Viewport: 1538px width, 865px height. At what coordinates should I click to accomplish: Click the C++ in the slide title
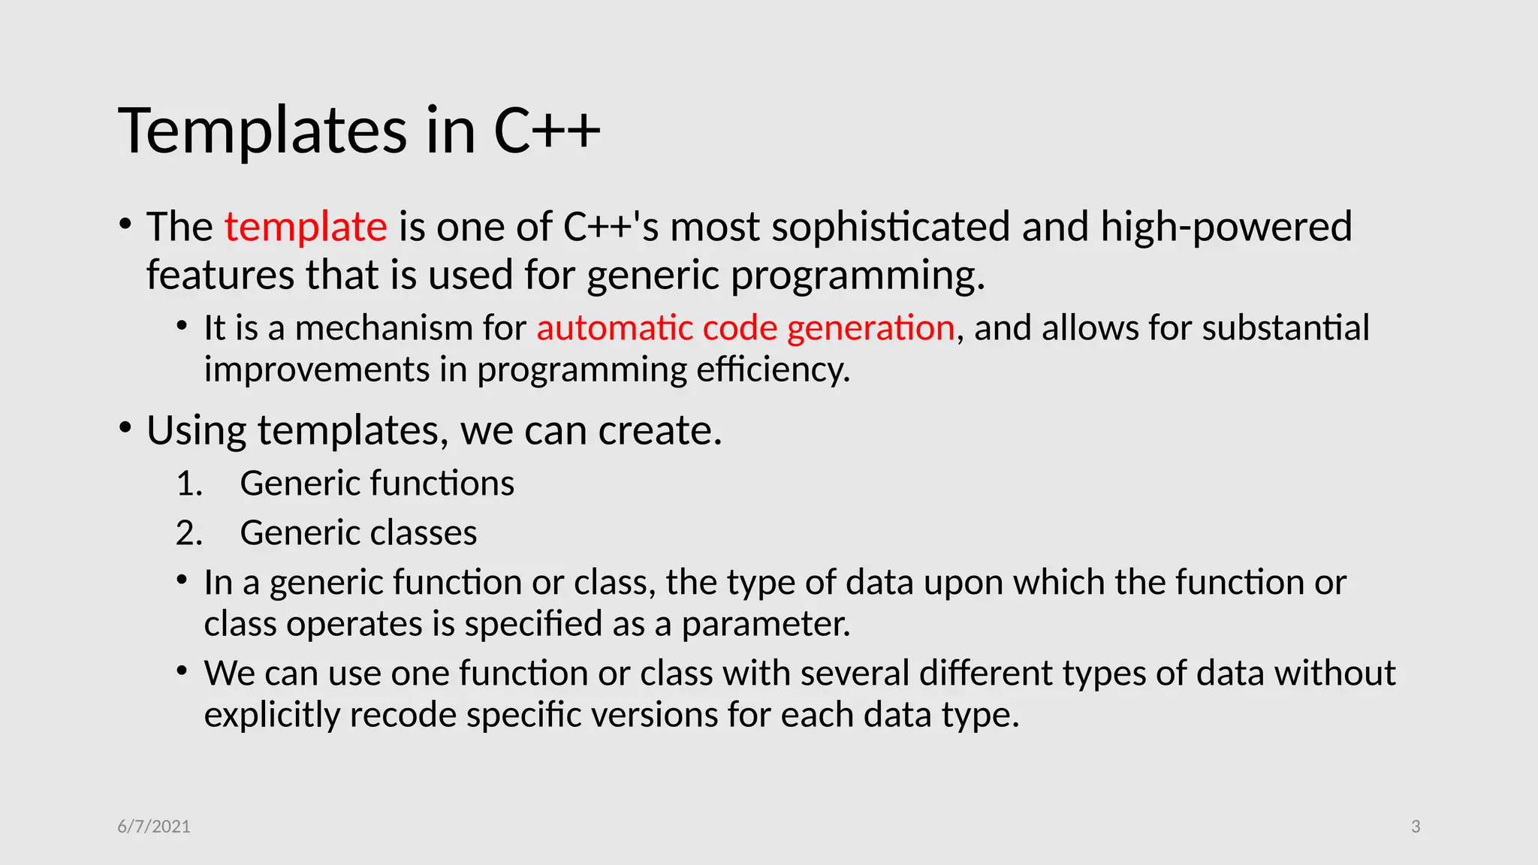coord(547,131)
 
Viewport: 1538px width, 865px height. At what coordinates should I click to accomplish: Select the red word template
coord(306,227)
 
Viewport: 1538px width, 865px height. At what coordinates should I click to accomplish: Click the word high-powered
coord(1226,227)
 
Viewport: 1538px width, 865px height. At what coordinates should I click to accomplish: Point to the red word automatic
coord(614,328)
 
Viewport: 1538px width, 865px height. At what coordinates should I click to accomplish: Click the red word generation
coord(870,328)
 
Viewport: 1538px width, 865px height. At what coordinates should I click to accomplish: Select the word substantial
coord(1286,328)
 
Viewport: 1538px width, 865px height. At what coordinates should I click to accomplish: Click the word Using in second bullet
coord(196,431)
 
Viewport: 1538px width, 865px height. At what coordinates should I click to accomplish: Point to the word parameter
coord(766,624)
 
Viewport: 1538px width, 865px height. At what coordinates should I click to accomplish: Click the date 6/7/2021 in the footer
coord(154,827)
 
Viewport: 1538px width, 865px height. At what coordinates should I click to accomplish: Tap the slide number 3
coord(1416,827)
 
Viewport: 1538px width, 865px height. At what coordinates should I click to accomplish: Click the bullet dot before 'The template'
coord(125,224)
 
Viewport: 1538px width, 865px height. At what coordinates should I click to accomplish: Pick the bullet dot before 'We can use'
coord(182,670)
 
